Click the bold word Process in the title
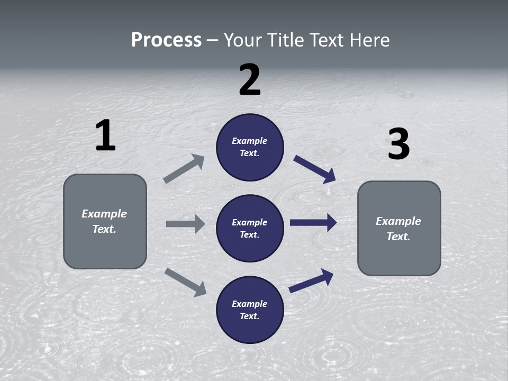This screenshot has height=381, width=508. pyautogui.click(x=166, y=40)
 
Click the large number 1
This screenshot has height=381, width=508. pyautogui.click(x=105, y=136)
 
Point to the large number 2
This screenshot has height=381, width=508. pyautogui.click(x=250, y=80)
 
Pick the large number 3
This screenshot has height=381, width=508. pyautogui.click(x=398, y=144)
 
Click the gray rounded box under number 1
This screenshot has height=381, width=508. pyautogui.click(x=105, y=221)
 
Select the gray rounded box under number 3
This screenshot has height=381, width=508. pyautogui.click(x=399, y=229)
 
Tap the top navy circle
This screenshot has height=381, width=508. pyautogui.click(x=250, y=147)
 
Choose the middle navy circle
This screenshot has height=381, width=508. pyautogui.click(x=250, y=229)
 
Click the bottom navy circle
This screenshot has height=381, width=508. pyautogui.click(x=250, y=310)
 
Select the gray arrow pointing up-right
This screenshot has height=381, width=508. pyautogui.click(x=184, y=169)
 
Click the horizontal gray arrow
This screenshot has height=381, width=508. pyautogui.click(x=185, y=224)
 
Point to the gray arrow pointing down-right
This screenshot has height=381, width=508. pyautogui.click(x=185, y=282)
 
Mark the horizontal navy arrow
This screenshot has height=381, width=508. pyautogui.click(x=313, y=223)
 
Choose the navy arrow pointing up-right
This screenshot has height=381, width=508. pyautogui.click(x=311, y=280)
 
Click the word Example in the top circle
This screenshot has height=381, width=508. pyautogui.click(x=250, y=141)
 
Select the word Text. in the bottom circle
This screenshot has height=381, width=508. pyautogui.click(x=250, y=316)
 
